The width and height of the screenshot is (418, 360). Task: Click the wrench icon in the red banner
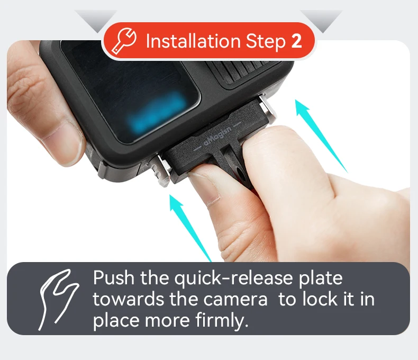(124, 41)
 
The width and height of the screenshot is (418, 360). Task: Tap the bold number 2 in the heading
(296, 41)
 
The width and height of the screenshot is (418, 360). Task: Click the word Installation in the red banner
(193, 41)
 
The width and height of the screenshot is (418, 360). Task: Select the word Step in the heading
(266, 42)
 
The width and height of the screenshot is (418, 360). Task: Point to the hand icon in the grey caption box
(58, 299)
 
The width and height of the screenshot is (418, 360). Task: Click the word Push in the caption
(114, 277)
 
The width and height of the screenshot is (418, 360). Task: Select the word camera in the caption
(235, 300)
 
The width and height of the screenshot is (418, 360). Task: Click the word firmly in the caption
(220, 319)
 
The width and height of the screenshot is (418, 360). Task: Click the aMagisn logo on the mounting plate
(218, 137)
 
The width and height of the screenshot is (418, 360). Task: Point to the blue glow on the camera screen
(157, 113)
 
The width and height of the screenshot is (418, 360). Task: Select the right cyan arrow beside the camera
(321, 136)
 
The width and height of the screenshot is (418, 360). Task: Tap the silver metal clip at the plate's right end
(268, 107)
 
